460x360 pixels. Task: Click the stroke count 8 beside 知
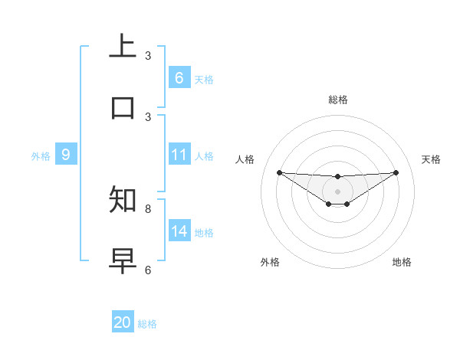148,208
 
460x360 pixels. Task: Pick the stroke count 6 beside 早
148,270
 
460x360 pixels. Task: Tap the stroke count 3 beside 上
148,55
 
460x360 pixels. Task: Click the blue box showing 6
179,78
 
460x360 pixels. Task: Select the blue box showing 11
179,155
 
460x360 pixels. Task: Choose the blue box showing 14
179,231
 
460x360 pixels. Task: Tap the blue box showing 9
66,155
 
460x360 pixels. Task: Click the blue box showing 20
123,322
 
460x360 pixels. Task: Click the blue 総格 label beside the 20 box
147,324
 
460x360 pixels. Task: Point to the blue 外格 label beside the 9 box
41,156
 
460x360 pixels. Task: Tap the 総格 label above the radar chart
337,100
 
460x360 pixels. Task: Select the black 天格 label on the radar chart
432,159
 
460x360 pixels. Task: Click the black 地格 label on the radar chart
402,262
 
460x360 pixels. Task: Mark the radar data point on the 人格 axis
279,172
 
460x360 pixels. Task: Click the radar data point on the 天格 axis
396,172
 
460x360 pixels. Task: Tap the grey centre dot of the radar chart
337,191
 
